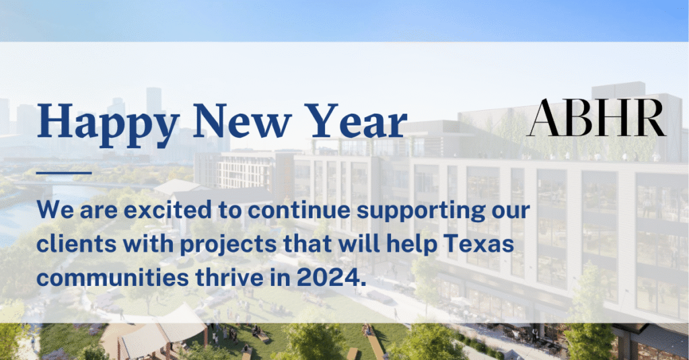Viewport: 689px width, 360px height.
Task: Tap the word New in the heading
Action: pyautogui.click(x=242, y=120)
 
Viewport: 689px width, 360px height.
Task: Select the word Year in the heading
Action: pyautogui.click(x=357, y=120)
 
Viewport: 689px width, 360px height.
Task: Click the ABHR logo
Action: pyautogui.click(x=597, y=117)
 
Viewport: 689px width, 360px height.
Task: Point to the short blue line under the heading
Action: pyautogui.click(x=64, y=173)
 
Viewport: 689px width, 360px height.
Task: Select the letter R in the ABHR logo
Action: pyautogui.click(x=649, y=118)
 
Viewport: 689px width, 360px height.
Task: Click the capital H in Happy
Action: pyautogui.click(x=55, y=120)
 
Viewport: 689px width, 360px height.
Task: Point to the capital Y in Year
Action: pyautogui.click(x=323, y=120)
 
